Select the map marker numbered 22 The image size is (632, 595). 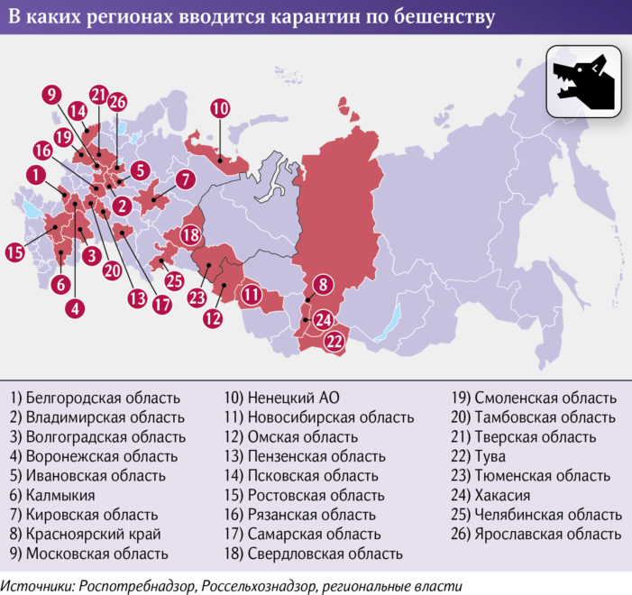(x=334, y=341)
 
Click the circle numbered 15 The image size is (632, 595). (x=14, y=252)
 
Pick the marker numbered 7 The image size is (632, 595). (x=185, y=178)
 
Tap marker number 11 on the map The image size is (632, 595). (x=250, y=295)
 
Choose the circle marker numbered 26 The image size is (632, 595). (x=117, y=102)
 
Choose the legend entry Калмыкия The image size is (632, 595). (x=51, y=495)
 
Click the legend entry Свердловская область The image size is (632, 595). (x=312, y=554)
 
